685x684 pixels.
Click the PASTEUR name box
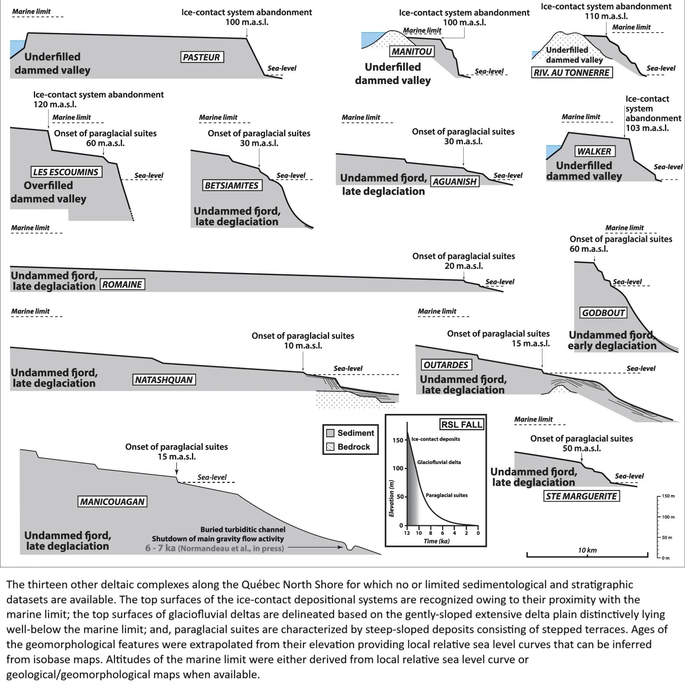pos(201,57)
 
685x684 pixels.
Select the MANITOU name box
pos(412,51)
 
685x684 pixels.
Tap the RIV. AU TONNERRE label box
pos(572,73)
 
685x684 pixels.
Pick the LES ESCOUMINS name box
pos(66,172)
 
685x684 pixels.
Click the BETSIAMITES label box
pos(232,185)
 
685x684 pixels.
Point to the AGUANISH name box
pos(455,181)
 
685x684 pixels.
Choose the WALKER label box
pos(594,151)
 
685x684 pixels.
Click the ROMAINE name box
pos(123,285)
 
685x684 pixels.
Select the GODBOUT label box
pos(603,313)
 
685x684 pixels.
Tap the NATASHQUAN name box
pos(164,380)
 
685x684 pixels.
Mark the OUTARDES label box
pos(446,365)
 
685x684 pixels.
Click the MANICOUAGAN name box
pos(112,501)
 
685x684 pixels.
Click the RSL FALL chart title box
pos(462,425)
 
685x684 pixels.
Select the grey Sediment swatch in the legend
pos(331,433)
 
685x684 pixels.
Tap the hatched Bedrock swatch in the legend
pos(331,447)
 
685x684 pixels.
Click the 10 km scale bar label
pos(587,550)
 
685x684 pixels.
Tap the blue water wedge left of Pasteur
pos(16,47)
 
